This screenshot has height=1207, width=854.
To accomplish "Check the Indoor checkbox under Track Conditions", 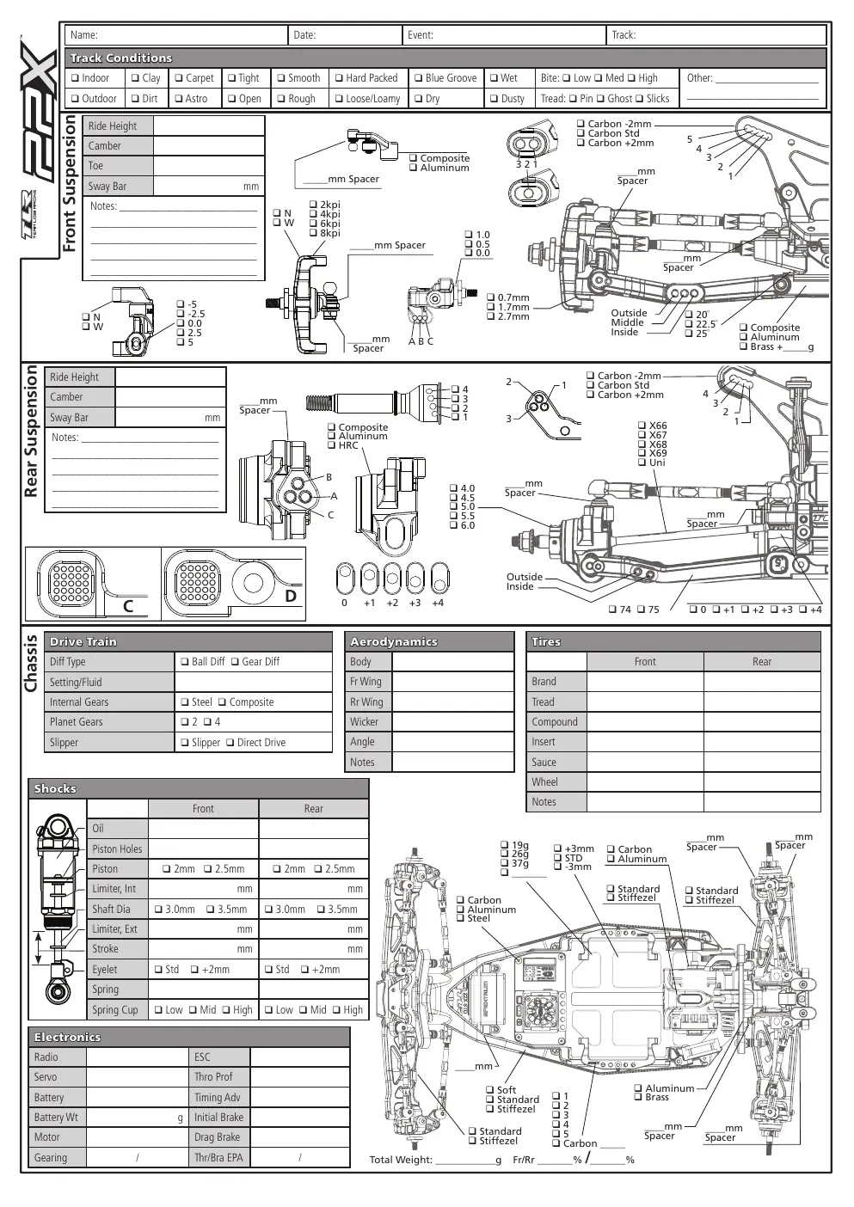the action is [x=75, y=78].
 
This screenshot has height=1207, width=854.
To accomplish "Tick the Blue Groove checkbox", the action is [x=418, y=78].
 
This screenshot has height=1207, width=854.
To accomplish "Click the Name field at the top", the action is [x=176, y=35].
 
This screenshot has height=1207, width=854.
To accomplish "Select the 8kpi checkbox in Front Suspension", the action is [x=313, y=233].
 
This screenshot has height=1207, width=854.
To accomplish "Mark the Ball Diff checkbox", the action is [x=185, y=662].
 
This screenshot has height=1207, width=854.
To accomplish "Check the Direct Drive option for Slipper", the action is [x=230, y=743].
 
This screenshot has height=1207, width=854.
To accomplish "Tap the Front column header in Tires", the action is [x=645, y=662].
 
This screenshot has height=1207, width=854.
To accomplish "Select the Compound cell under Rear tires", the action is [x=762, y=722].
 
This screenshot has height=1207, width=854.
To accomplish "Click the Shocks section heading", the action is [x=55, y=789].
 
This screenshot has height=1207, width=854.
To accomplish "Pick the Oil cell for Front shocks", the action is [x=203, y=829].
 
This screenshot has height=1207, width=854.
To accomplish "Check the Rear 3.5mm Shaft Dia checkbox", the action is [x=321, y=910].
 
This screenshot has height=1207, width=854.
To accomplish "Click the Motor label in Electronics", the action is [x=47, y=1137].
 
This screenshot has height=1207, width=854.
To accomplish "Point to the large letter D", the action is [x=291, y=596].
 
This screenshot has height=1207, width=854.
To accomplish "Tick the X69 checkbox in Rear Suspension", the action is [x=642, y=453].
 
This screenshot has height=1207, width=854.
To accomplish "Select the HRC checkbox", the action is [x=332, y=445].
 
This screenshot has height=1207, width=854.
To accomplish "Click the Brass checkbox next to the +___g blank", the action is [x=743, y=346].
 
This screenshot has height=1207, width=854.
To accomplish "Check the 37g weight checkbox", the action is [x=504, y=862].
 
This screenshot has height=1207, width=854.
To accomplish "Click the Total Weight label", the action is [x=401, y=1160].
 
